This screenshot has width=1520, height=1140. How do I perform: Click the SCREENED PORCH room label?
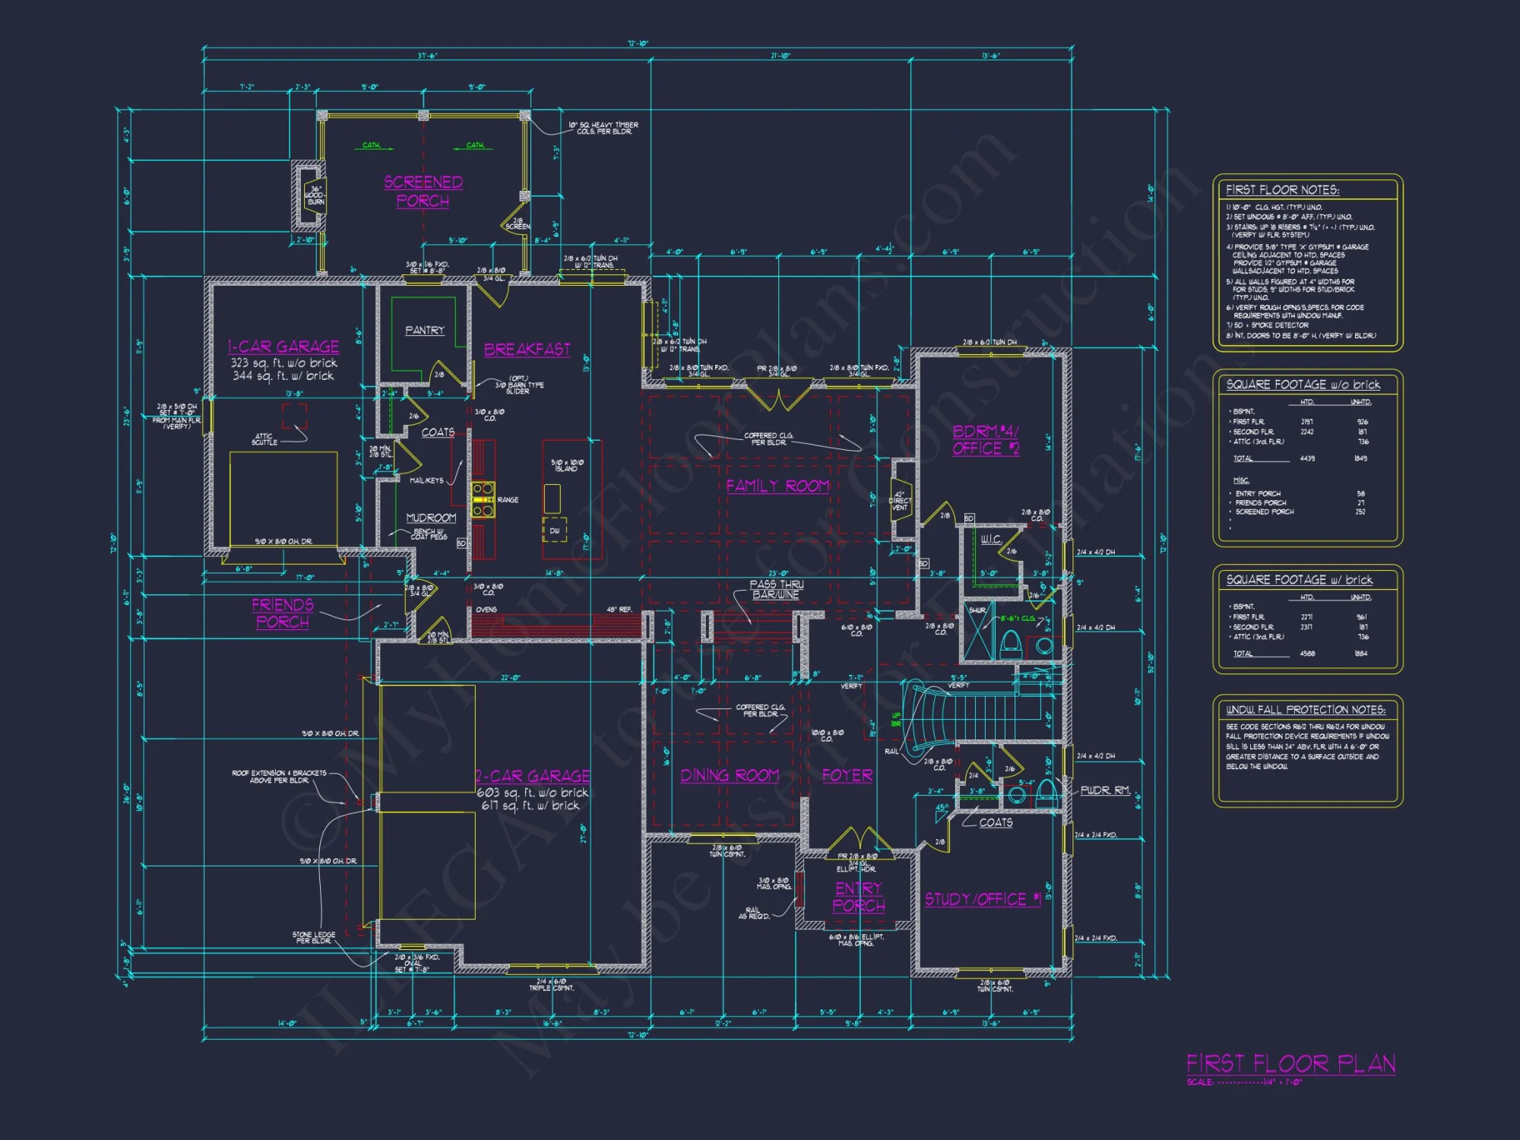click(423, 192)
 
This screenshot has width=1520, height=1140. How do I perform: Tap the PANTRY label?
click(425, 331)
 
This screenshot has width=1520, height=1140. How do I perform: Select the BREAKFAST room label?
click(527, 350)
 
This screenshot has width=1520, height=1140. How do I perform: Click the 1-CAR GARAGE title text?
click(283, 347)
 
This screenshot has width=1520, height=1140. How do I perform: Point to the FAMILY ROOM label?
click(777, 486)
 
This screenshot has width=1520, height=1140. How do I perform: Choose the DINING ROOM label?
click(730, 775)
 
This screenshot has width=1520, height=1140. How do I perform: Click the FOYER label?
click(847, 775)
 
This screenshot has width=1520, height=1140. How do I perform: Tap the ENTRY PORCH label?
click(859, 897)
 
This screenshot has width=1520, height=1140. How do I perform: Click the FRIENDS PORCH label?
click(283, 613)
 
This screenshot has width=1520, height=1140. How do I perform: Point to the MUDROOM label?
click(431, 518)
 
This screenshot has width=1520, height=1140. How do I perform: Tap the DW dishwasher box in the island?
click(554, 530)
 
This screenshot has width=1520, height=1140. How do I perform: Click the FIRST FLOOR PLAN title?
click(1290, 1063)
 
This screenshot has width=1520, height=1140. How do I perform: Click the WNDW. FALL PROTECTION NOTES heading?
click(1306, 710)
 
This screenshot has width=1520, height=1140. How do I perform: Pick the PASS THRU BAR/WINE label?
click(776, 590)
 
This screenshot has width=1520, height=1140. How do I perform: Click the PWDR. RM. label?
click(1105, 790)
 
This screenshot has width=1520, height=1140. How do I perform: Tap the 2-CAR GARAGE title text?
click(533, 776)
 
